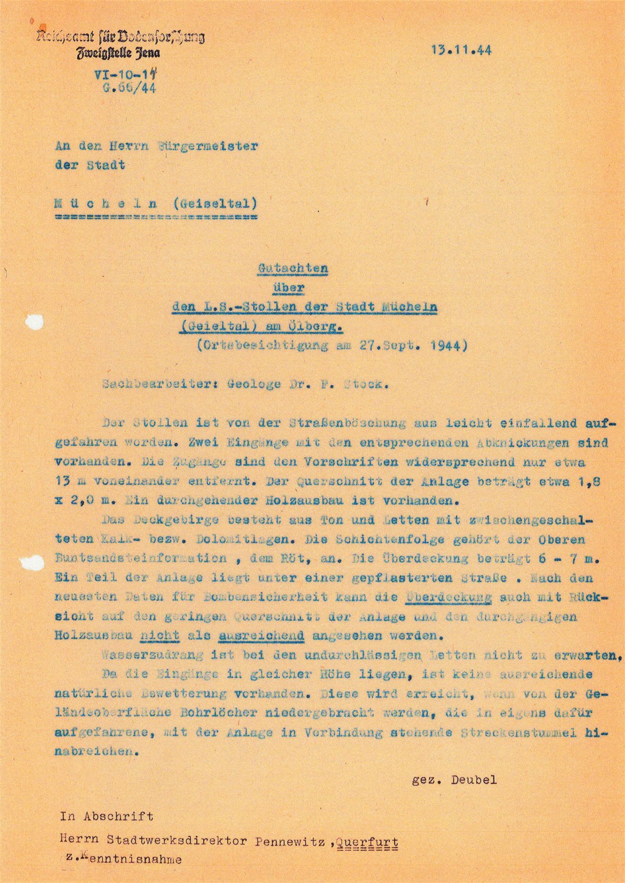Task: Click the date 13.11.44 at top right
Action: point(461,50)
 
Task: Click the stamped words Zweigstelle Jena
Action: point(119,53)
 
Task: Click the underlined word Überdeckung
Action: point(449,597)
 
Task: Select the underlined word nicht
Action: point(159,636)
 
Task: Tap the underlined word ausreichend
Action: point(262,636)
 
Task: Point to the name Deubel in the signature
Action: point(474,780)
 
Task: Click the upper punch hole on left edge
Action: point(34,322)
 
